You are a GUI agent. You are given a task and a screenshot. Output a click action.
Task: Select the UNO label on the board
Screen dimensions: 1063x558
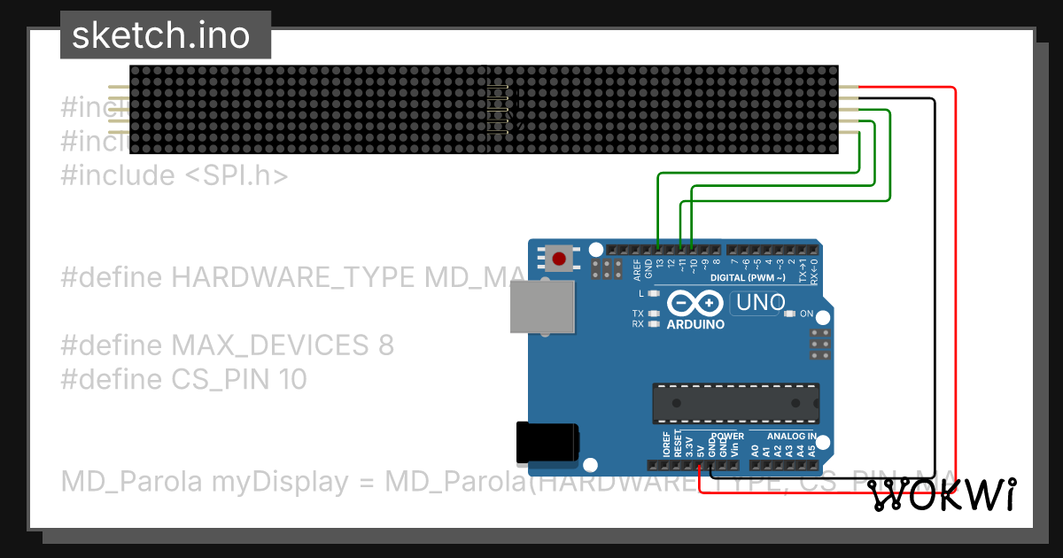point(758,303)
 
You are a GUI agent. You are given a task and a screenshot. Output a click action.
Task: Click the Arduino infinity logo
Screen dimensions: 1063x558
point(695,304)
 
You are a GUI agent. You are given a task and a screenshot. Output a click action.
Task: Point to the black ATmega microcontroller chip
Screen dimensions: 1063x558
point(735,403)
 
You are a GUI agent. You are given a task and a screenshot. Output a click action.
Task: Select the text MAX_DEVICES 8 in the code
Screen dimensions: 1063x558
point(283,345)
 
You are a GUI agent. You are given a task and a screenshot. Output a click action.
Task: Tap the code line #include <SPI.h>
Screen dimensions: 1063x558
point(175,175)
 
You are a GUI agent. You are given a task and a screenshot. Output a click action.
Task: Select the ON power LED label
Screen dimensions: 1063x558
point(806,314)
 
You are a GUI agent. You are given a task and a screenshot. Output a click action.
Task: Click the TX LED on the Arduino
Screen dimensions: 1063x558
point(654,314)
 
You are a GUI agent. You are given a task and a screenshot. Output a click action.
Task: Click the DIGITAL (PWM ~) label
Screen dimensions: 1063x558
point(748,278)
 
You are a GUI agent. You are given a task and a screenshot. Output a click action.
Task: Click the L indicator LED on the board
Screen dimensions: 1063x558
point(654,293)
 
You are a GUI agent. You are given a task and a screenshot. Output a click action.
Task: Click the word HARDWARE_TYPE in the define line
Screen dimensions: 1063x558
point(292,277)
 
